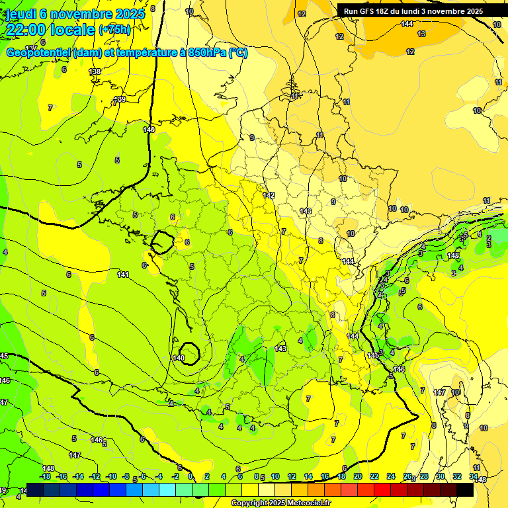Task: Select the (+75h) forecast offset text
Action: point(114,30)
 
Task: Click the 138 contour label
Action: point(95,71)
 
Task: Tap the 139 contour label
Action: point(120,100)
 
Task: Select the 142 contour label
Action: point(269,195)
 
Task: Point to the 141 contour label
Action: point(123,275)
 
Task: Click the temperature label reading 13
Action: point(421,34)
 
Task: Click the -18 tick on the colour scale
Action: point(46,476)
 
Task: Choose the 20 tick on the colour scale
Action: point(358,476)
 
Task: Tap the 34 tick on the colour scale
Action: point(474,476)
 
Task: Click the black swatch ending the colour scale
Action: point(465,489)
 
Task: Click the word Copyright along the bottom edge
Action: point(247,503)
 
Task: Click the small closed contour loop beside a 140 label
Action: point(190,352)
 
